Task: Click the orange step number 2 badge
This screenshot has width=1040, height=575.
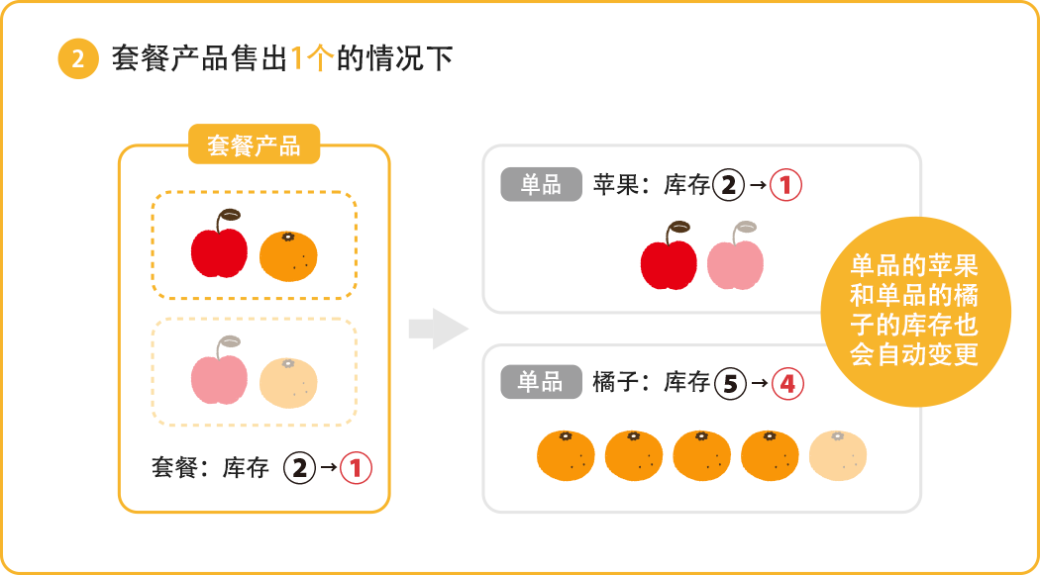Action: coord(78,59)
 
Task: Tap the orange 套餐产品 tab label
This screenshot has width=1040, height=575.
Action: coord(254,145)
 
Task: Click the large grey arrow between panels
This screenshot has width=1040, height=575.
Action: coord(438,329)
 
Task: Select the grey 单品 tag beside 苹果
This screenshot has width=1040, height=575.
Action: coord(541,184)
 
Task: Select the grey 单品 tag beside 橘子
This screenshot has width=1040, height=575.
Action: coord(541,381)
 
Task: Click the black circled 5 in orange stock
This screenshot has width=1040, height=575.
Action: coord(729,383)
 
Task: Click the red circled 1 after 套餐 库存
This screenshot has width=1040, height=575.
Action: coord(356,467)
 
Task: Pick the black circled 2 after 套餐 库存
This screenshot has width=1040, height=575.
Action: coord(298,467)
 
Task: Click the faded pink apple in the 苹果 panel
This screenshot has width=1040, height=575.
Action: coord(735,260)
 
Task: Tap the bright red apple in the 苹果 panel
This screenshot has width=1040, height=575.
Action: coord(670,260)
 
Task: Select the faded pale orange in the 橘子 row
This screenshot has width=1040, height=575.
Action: coord(838,456)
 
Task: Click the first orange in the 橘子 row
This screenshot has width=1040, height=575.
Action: coord(566,456)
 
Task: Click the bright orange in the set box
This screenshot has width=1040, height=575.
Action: coord(288,255)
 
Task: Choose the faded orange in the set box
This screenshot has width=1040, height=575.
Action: coord(288,383)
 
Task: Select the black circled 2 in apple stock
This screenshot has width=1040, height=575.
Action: coord(728,185)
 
